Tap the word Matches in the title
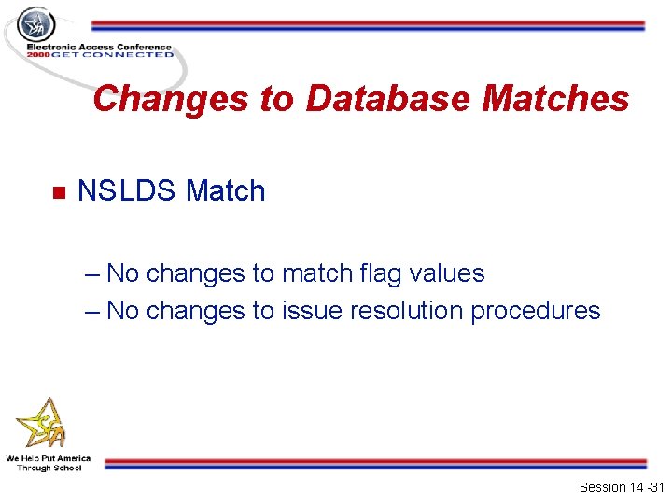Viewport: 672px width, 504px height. coord(555,98)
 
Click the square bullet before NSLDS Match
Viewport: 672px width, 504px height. coord(56,193)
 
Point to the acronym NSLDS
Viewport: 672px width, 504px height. coord(127,191)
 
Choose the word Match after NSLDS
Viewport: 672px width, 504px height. coord(226,191)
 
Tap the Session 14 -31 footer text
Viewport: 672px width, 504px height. coord(621,487)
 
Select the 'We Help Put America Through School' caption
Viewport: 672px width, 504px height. coord(49,463)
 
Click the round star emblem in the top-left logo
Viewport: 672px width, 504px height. coord(37,25)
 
